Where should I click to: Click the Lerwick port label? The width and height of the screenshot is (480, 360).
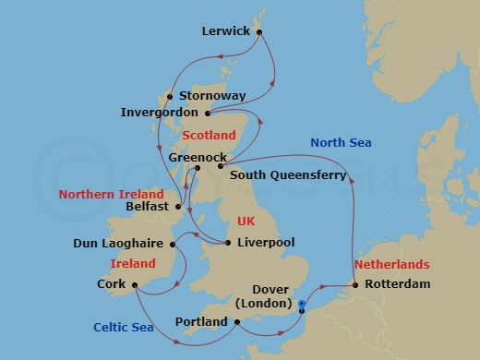point(225,31)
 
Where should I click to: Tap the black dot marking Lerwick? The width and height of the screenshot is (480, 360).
point(260,32)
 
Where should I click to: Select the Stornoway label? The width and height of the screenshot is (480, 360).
point(212,95)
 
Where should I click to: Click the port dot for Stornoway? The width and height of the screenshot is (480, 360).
point(170,96)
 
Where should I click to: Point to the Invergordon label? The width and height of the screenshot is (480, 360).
point(158,114)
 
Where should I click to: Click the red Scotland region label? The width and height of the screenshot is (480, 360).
point(210,135)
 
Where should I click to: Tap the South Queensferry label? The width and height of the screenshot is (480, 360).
point(288,174)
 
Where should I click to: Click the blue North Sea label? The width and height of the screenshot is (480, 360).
point(341,142)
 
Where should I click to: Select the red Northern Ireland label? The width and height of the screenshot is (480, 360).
point(111,195)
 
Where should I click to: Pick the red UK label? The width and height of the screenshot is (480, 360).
point(246,222)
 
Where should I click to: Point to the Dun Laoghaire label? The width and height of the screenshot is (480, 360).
point(119,245)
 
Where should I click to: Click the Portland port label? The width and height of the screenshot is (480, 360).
point(200,322)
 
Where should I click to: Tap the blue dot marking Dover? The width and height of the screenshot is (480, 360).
point(303,302)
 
